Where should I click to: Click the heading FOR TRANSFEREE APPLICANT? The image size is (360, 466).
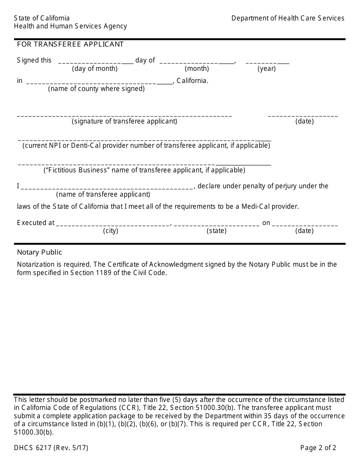coord(70,44)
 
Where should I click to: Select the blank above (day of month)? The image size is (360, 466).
coord(96,61)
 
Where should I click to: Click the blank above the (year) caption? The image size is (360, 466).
coord(267,61)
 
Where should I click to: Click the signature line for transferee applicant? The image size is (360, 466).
coord(124,114)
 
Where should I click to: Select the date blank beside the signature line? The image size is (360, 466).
coord(303,114)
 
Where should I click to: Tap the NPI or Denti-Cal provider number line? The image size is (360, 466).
coord(144,139)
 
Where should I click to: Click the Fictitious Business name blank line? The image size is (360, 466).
coord(144,163)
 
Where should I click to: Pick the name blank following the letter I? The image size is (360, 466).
coord(107,187)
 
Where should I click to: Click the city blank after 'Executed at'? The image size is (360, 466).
coord(113,224)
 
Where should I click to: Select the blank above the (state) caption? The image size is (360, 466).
coord(216,224)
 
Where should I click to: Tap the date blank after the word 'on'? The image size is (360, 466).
coord(305,224)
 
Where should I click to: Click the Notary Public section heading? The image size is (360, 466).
coord(39,252)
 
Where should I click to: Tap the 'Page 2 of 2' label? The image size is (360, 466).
coord(318,448)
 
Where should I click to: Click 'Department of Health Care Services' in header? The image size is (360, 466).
coord(288,18)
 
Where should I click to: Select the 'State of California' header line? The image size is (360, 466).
coord(42,18)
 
